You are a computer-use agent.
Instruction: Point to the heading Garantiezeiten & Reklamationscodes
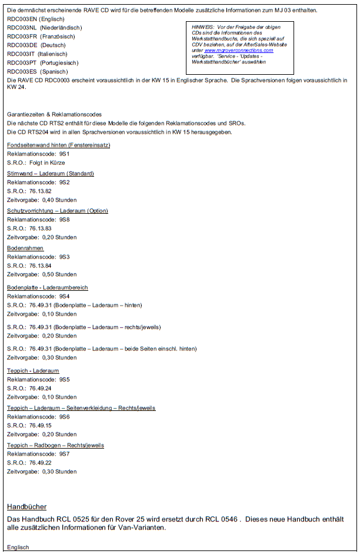tap(54, 114)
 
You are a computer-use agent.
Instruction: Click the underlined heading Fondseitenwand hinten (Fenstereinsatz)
tap(58, 145)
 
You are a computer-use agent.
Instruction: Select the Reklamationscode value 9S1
tap(64, 154)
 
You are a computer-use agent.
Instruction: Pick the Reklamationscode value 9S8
tap(64, 220)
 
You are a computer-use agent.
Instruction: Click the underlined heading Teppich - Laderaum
tap(33, 371)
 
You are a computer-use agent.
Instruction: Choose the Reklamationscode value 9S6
tap(64, 417)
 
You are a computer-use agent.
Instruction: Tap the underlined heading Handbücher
tap(26, 506)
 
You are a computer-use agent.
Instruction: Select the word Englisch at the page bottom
tap(18, 548)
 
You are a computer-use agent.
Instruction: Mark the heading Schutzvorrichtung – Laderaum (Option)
tap(58, 211)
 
